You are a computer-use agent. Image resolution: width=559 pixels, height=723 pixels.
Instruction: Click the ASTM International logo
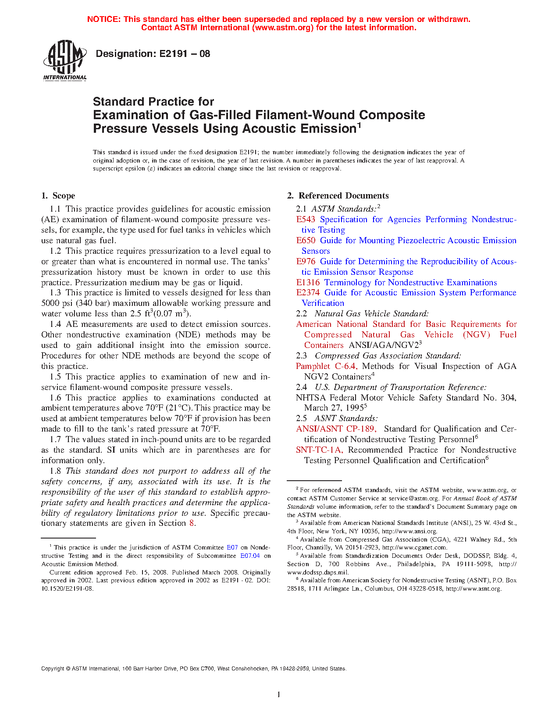pyautogui.click(x=65, y=60)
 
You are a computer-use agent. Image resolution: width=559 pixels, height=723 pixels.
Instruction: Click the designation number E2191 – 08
pyautogui.click(x=153, y=54)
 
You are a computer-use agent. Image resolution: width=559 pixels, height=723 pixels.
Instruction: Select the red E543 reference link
pyautogui.click(x=306, y=220)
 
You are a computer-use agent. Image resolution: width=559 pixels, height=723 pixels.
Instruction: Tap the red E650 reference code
pyautogui.click(x=306, y=241)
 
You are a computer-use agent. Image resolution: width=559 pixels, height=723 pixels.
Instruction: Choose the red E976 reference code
pyautogui.click(x=306, y=262)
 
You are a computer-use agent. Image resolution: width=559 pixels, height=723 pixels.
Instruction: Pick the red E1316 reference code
pyautogui.click(x=308, y=283)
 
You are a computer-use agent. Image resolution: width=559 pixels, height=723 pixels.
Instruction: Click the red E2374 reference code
pyautogui.click(x=308, y=293)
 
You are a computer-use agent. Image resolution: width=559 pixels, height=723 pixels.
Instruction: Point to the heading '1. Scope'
pyautogui.click(x=58, y=196)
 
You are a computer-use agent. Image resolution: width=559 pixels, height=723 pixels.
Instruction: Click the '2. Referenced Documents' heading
pyautogui.click(x=338, y=196)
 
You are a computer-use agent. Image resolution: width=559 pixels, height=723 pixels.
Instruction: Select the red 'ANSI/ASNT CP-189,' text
pyautogui.click(x=336, y=429)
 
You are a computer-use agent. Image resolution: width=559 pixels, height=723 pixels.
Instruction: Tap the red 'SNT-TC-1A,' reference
pyautogui.click(x=319, y=450)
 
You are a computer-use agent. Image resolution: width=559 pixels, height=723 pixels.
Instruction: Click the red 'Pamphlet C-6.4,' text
pyautogui.click(x=327, y=366)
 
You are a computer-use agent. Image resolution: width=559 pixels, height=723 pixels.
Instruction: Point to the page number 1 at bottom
pyautogui.click(x=279, y=695)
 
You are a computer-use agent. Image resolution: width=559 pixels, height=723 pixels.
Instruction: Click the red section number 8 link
pyautogui.click(x=192, y=523)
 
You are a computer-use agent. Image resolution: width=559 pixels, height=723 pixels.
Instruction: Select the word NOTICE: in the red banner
pyautogui.click(x=104, y=19)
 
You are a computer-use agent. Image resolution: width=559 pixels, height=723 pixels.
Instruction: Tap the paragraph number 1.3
pyautogui.click(x=55, y=293)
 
